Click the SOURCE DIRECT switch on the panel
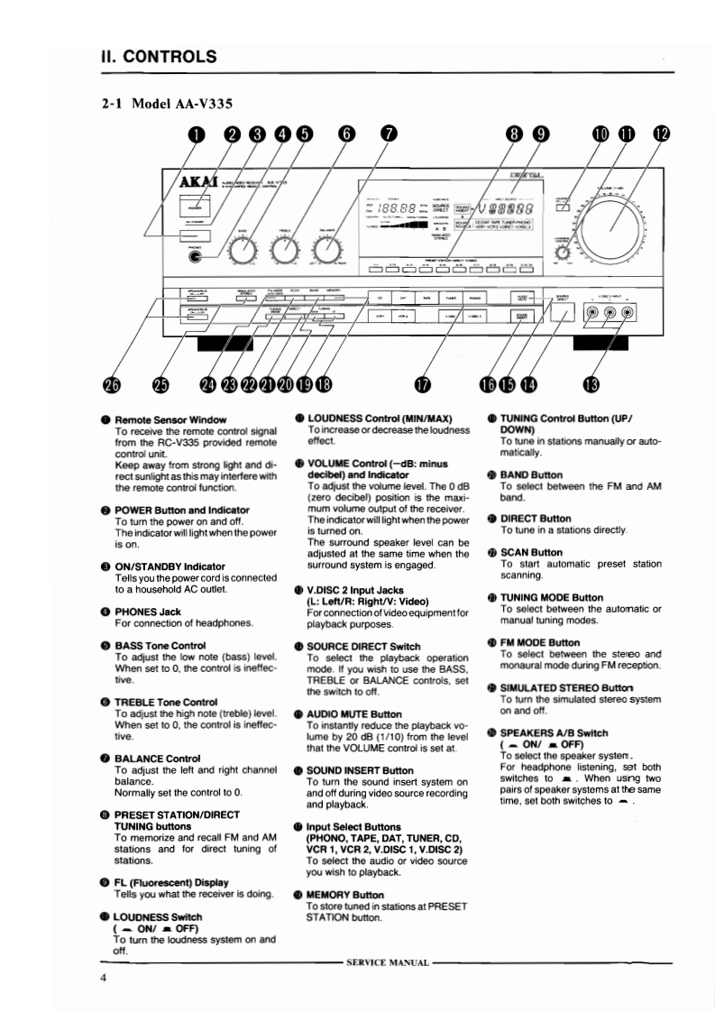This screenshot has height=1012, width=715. pos(563,313)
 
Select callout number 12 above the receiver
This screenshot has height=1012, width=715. pos(663,135)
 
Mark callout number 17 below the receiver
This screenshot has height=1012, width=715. pos(421,384)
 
